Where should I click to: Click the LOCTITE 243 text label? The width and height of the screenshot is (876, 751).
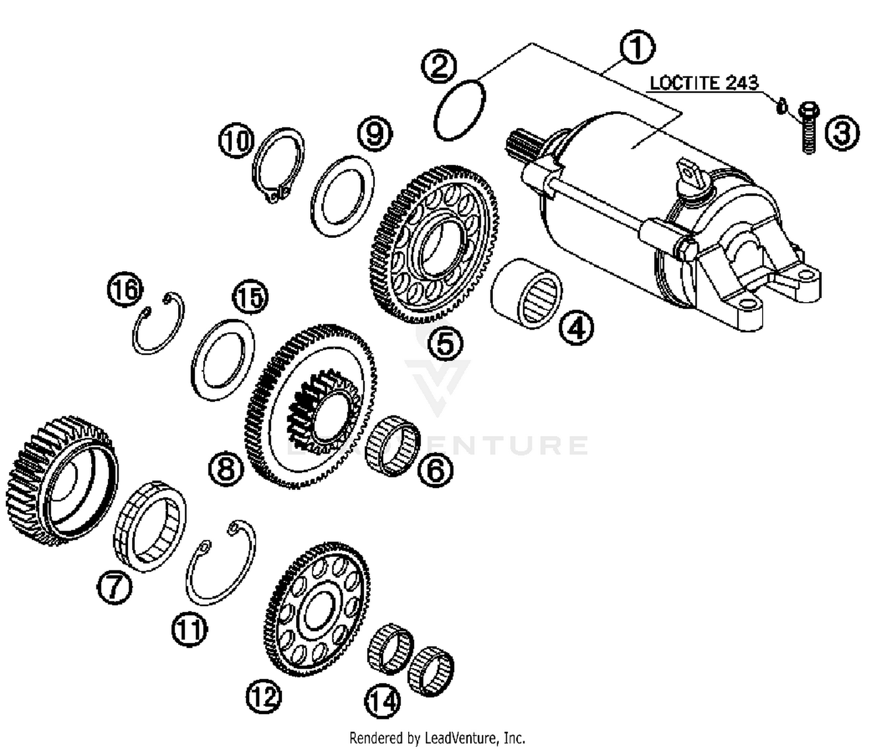pyautogui.click(x=704, y=82)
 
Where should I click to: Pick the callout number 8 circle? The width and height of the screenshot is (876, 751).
pyautogui.click(x=227, y=469)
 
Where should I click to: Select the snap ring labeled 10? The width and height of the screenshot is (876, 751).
pyautogui.click(x=279, y=165)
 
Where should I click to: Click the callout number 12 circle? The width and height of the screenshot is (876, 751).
pyautogui.click(x=263, y=696)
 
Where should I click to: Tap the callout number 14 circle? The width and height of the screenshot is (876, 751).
pyautogui.click(x=384, y=701)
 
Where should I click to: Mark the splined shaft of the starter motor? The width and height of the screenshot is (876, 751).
pyautogui.click(x=520, y=146)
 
